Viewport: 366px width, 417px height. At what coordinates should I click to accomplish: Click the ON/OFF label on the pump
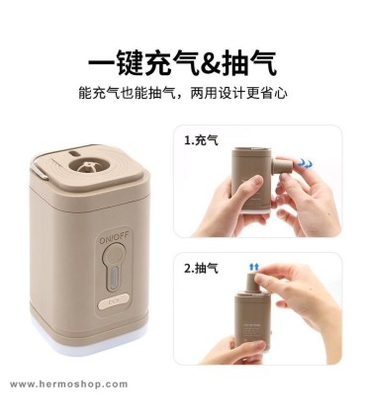tap(116, 240)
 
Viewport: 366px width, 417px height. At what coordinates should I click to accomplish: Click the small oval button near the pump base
tap(113, 301)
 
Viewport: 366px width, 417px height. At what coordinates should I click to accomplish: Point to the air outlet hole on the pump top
tap(88, 166)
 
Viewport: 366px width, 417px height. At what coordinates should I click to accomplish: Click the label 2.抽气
tap(201, 268)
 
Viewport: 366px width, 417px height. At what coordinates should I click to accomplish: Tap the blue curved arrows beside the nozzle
tap(304, 163)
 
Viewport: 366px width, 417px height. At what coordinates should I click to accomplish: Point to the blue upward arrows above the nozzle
tap(254, 267)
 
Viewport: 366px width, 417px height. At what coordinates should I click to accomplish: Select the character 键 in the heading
tap(130, 63)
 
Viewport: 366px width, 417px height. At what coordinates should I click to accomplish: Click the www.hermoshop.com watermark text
tap(68, 384)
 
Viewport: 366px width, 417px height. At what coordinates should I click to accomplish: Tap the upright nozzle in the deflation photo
tap(254, 283)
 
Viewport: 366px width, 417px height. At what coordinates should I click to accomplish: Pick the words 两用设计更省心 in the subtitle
tap(238, 93)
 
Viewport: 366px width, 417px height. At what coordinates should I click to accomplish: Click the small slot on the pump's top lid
tap(74, 154)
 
